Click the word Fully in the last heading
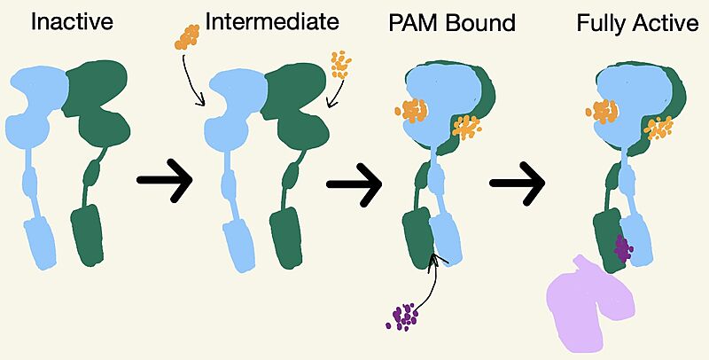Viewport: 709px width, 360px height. (x=600, y=22)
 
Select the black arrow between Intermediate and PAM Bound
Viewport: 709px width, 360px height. (x=354, y=184)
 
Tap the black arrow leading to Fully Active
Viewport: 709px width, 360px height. (x=517, y=184)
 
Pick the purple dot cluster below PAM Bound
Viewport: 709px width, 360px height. (x=404, y=315)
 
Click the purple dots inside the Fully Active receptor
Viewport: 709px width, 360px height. (x=624, y=249)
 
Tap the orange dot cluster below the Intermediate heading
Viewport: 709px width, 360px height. (x=187, y=35)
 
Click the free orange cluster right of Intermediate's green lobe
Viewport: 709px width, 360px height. (x=340, y=63)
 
